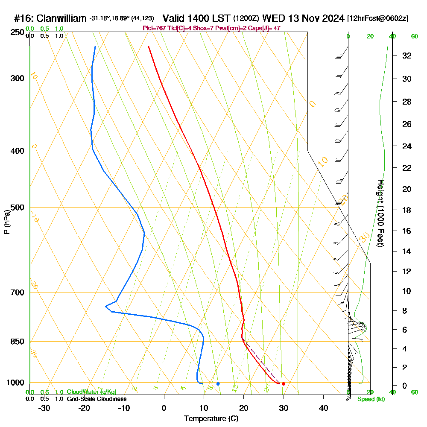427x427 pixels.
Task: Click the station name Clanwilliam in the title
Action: [62, 18]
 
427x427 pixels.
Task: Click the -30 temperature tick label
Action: [44, 408]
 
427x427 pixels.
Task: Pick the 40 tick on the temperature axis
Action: [323, 408]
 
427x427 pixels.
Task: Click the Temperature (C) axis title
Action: [211, 419]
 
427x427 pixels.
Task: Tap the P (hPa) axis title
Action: [6, 222]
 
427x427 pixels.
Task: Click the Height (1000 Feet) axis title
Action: [380, 213]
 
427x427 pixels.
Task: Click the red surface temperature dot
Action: [284, 384]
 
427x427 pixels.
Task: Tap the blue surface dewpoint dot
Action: [218, 384]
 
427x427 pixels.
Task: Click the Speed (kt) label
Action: [371, 399]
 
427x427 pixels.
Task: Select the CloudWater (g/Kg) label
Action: [91, 392]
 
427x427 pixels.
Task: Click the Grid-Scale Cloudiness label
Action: [97, 399]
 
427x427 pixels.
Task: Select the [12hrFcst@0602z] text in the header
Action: [378, 18]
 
